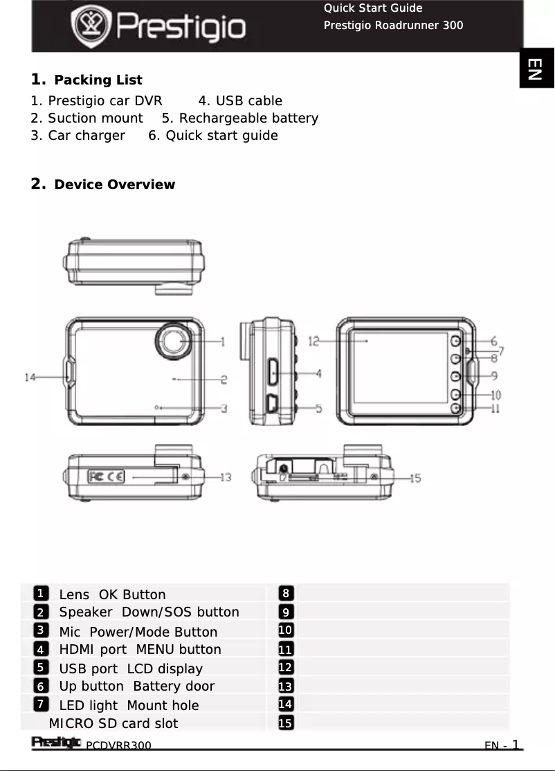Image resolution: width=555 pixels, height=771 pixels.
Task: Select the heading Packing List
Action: pos(98,80)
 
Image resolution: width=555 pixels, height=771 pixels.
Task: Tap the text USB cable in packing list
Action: pos(240,101)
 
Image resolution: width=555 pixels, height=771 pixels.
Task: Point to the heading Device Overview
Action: pos(114,184)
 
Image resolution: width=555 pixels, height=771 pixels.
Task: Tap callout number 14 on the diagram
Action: pos(30,378)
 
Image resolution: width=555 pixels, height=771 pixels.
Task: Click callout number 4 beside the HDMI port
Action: pos(318,373)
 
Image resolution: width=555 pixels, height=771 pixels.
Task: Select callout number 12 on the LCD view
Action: pos(314,341)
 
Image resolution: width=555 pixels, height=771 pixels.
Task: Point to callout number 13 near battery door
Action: pos(226,477)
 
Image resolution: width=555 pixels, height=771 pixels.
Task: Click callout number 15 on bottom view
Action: pos(415,477)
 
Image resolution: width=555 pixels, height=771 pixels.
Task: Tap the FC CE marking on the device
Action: pos(106,477)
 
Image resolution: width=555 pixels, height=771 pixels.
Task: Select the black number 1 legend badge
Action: pos(42,594)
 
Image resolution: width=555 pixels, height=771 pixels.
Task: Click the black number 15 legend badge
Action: pos(284,723)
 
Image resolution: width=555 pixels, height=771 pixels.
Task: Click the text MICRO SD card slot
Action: pos(113,724)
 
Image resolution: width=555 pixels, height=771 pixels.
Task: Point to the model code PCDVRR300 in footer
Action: pos(118,745)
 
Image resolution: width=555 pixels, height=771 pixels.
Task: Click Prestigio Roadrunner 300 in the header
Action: pos(394,26)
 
